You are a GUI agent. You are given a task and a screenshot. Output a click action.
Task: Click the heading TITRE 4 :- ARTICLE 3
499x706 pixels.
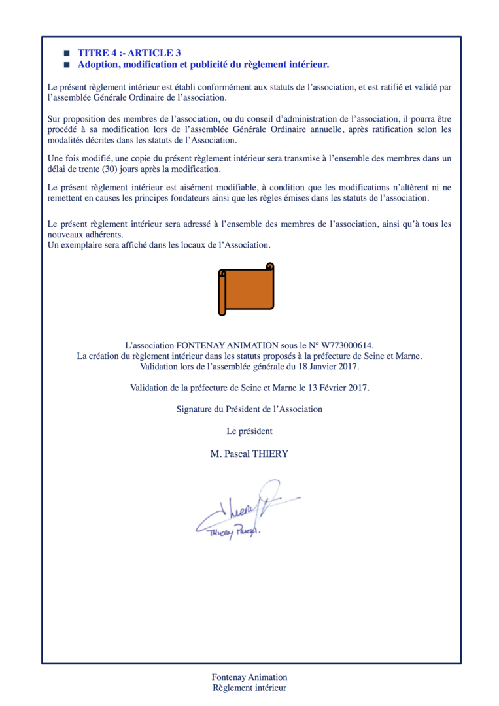pos(129,52)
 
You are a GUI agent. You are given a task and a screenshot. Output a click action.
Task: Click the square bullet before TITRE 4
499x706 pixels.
pos(65,52)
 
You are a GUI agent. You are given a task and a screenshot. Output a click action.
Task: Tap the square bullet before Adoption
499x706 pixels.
pos(65,65)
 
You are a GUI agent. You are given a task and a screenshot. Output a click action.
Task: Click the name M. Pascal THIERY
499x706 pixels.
pos(249,454)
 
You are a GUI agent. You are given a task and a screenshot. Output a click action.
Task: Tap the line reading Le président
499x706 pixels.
pos(249,431)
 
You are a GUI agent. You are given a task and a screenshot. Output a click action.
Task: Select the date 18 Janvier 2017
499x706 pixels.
pos(324,367)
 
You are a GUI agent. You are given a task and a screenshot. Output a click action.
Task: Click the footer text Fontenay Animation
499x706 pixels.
pos(249,677)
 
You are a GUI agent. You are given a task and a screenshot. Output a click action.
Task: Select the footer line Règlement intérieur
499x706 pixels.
pos(249,688)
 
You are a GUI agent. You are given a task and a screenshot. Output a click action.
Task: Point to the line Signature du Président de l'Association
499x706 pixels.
pos(249,409)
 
